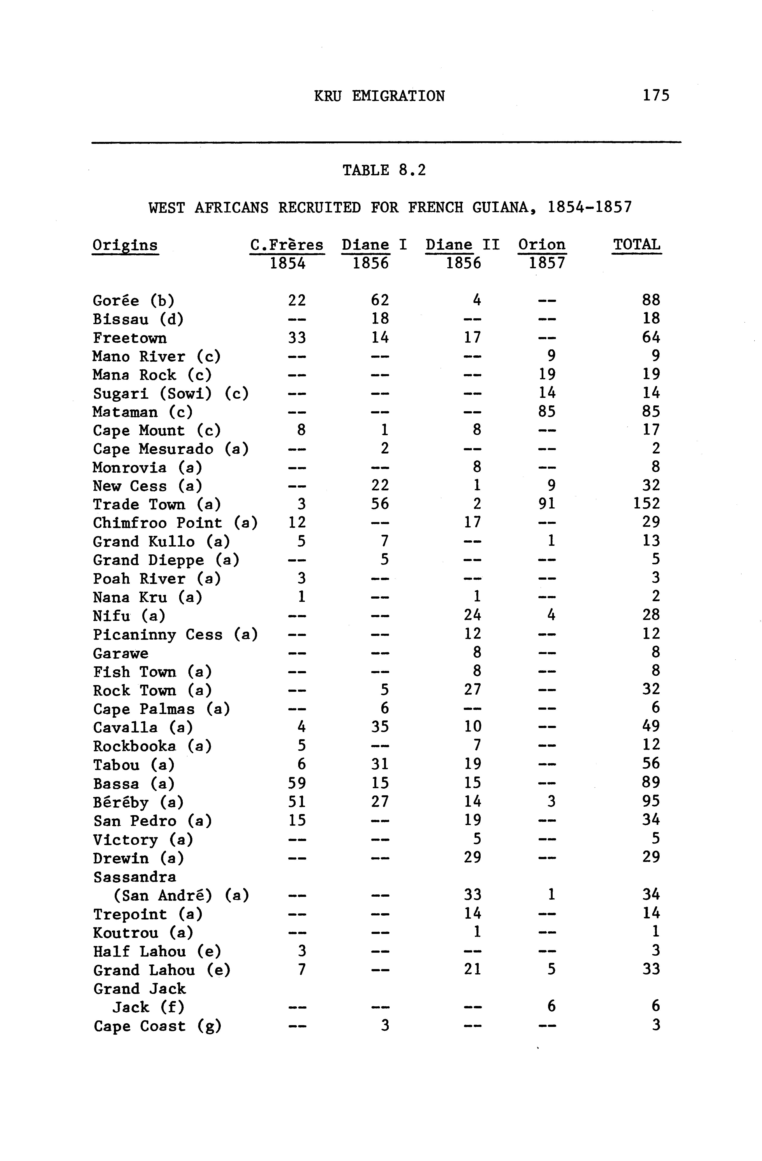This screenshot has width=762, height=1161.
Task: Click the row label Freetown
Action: (130, 337)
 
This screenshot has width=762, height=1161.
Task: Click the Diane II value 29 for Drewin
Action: (472, 857)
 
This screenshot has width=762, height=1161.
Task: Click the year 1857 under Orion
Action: (547, 264)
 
